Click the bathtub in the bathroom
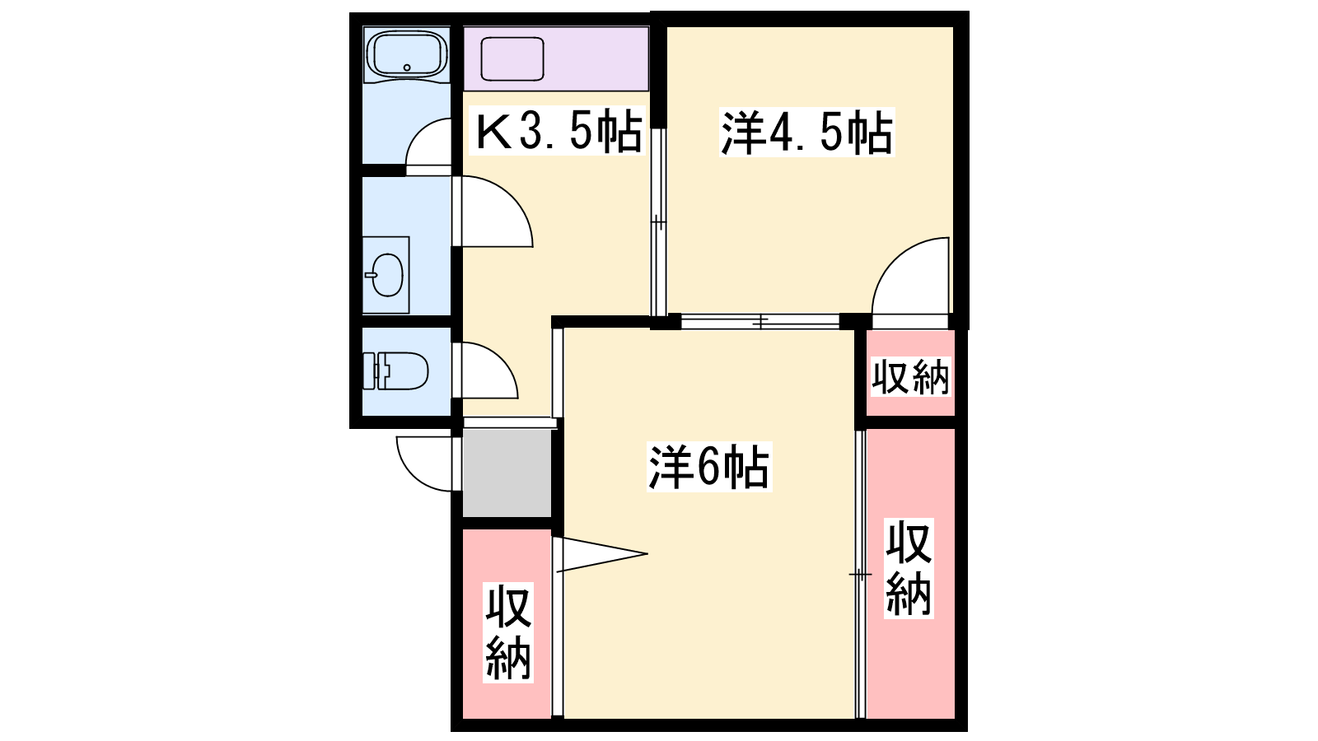coord(406,54)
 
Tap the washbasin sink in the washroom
coord(386,275)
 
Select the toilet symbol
coord(395,370)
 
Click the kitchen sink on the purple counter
coord(512,58)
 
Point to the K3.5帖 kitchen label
coord(558,132)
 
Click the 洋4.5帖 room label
coord(806,133)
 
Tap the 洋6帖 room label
coord(709,468)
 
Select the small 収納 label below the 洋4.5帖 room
coord(909,376)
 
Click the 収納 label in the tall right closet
coord(909,568)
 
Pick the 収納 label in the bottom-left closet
coord(507,632)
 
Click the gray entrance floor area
coord(507,473)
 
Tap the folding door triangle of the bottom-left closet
coord(601,553)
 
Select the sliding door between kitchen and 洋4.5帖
coord(658,222)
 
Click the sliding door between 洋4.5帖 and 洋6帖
coord(760,322)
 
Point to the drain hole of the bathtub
coord(407,68)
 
